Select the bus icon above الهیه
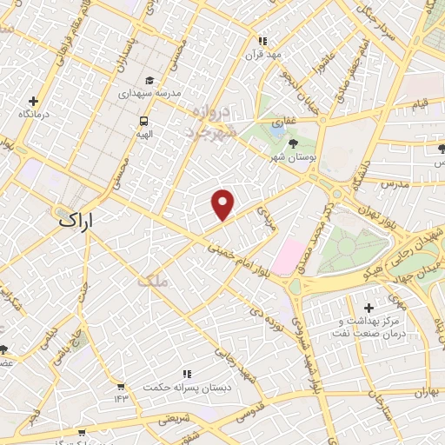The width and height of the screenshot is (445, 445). click(x=142, y=121)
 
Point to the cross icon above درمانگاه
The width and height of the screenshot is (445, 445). click(x=34, y=101)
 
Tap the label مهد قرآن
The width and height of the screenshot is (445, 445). click(x=264, y=51)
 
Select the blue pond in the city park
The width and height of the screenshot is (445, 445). click(x=277, y=131)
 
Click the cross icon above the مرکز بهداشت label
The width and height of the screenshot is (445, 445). click(x=369, y=308)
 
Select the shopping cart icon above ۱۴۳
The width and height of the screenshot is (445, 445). click(x=121, y=386)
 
